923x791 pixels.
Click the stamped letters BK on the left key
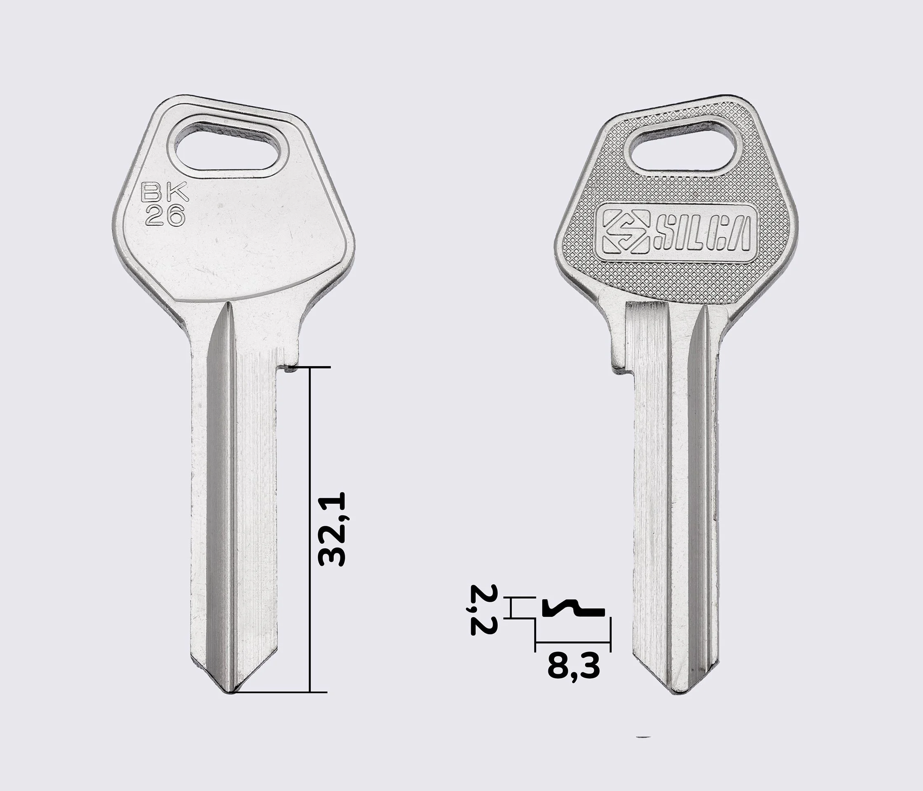pos(165,193)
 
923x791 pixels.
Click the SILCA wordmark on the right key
pos(703,234)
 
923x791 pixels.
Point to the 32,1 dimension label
pos(332,529)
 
